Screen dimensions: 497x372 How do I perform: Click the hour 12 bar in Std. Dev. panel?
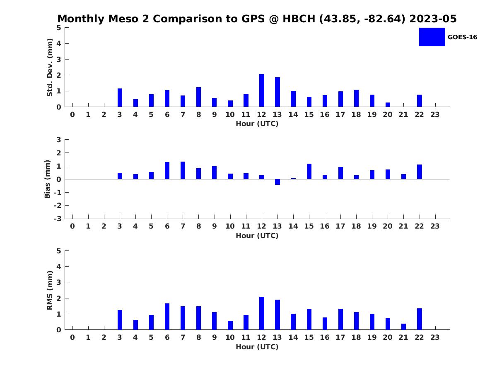261,91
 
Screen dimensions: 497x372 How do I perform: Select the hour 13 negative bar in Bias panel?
277,182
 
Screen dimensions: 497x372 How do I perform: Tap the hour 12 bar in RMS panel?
261,313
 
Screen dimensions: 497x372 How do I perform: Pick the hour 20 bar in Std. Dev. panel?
388,105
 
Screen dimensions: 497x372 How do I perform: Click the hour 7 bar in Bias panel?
183,170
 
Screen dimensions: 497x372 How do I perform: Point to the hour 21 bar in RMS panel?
403,327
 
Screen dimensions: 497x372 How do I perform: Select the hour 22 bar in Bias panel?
419,172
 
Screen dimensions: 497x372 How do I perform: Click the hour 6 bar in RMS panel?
167,317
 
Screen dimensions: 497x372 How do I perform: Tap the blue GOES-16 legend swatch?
432,37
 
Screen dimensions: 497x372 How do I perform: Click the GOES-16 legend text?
462,37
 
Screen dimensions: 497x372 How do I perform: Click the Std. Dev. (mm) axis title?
50,67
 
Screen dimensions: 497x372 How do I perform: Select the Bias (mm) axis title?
47,179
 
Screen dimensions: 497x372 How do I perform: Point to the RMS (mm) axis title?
50,290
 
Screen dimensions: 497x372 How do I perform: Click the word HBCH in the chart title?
299,19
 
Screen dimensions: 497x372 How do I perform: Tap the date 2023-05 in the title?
433,19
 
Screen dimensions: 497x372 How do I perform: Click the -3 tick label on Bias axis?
58,219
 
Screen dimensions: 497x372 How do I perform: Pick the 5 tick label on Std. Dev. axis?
59,28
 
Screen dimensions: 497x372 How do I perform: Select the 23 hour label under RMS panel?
435,337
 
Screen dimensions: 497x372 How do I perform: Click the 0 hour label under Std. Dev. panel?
72,115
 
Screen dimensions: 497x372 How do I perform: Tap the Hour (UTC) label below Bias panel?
257,236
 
